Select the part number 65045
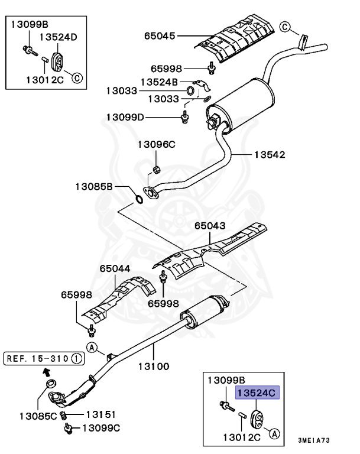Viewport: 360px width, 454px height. pyautogui.click(x=160, y=36)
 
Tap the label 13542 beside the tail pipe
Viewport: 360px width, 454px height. pyautogui.click(x=270, y=155)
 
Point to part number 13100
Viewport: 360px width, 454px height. pyautogui.click(x=154, y=366)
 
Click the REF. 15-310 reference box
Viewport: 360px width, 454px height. pyautogui.click(x=44, y=358)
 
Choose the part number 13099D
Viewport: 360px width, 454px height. pyautogui.click(x=125, y=118)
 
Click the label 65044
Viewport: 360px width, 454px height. pyautogui.click(x=114, y=268)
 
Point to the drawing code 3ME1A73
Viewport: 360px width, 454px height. pyautogui.click(x=332, y=441)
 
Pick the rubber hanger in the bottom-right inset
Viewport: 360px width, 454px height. pyautogui.click(x=258, y=417)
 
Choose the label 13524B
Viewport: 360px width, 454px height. pyautogui.click(x=159, y=81)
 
